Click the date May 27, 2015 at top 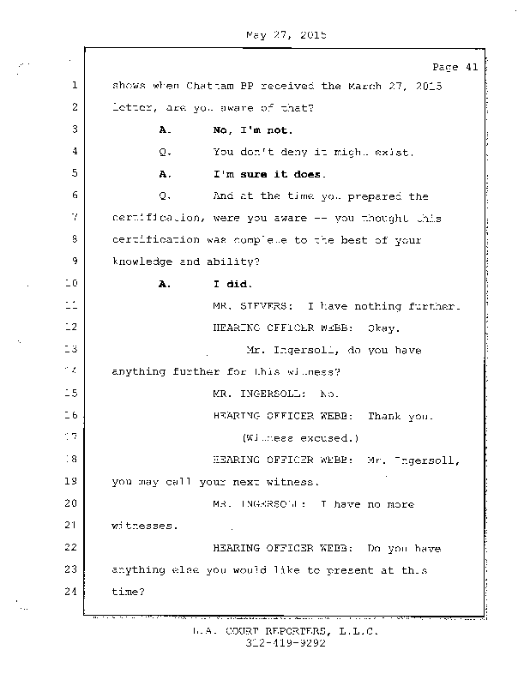point(286,36)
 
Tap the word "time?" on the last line point(129,592)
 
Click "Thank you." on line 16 point(400,417)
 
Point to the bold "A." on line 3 point(166,130)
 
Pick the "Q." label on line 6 point(166,196)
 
